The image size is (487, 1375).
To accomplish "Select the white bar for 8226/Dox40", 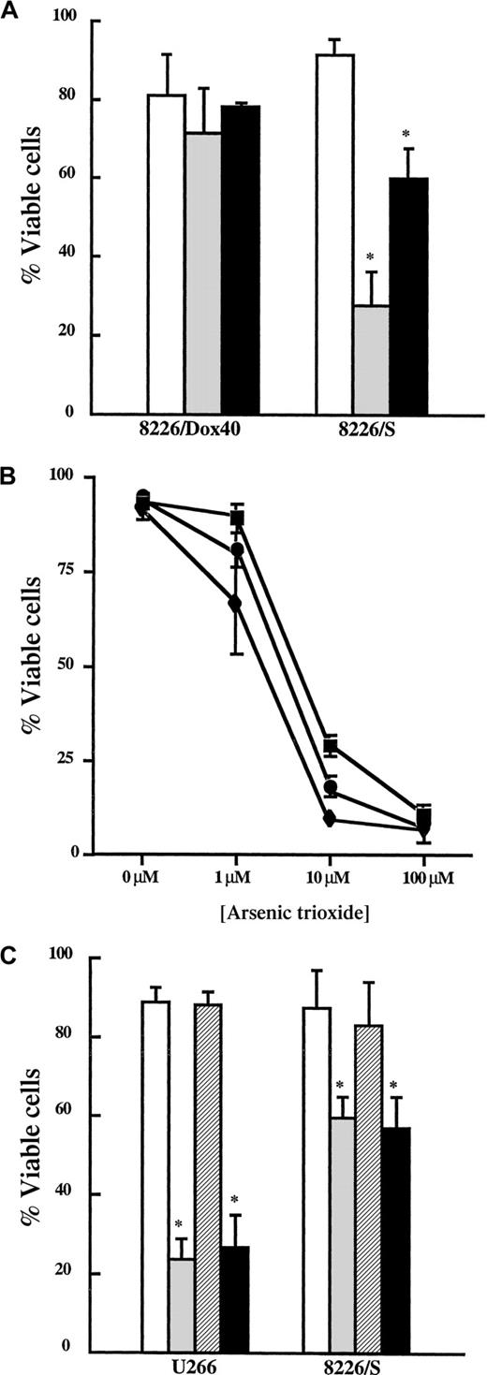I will click(166, 253).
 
